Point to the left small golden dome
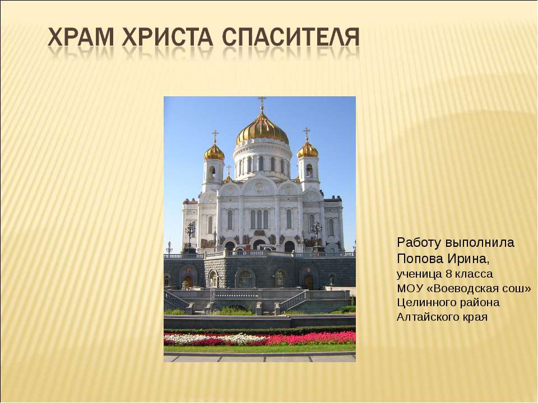click(214, 151)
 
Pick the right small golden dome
click(307, 149)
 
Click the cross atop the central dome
click(262, 103)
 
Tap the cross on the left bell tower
click(215, 135)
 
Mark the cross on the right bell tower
click(307, 133)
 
